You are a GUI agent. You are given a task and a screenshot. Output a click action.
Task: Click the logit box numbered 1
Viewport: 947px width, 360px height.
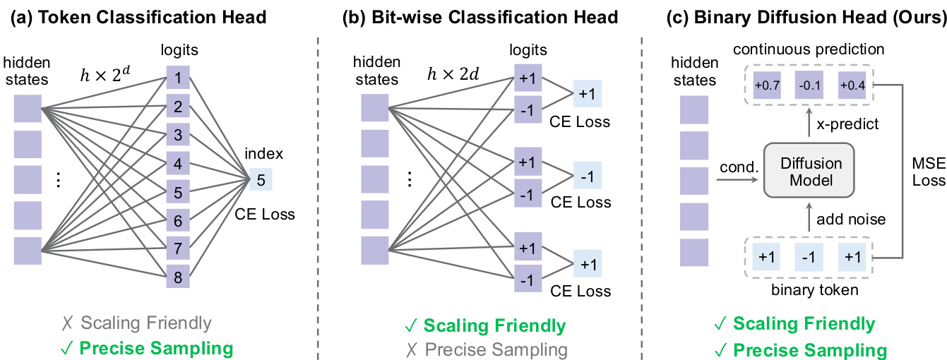[x=179, y=77]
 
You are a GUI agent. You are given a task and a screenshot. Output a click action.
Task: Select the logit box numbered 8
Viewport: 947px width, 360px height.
[x=179, y=277]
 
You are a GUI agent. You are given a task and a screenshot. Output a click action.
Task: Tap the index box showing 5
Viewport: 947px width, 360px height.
[x=261, y=180]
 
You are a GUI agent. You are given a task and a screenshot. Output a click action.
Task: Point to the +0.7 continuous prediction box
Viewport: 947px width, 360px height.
[x=766, y=85]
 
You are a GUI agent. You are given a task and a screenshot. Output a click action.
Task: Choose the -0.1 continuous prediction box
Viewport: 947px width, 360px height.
[x=809, y=85]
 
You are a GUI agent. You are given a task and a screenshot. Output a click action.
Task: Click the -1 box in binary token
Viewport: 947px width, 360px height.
[x=809, y=258]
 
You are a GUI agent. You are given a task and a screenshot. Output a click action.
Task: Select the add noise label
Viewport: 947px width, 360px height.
[x=851, y=219]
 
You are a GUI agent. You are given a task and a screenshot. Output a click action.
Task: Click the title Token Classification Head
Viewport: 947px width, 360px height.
[x=138, y=17]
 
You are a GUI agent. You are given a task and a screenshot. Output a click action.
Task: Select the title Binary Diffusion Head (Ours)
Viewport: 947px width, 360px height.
[x=806, y=17]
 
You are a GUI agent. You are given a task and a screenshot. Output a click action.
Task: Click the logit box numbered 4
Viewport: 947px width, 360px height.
[x=179, y=163]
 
